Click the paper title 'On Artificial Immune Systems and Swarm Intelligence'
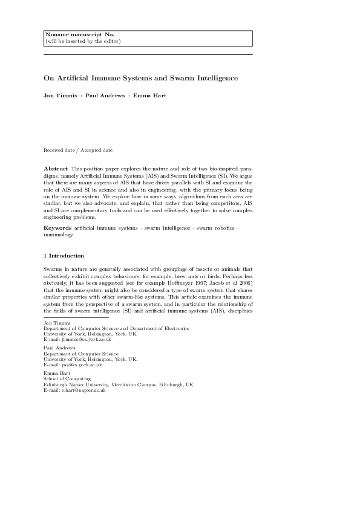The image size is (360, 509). pyautogui.click(x=140, y=78)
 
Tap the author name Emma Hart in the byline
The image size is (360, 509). pyautogui.click(x=150, y=96)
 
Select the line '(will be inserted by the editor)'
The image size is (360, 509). pyautogui.click(x=83, y=41)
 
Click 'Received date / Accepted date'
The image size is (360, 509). pyautogui.click(x=78, y=150)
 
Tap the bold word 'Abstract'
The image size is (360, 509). pyautogui.click(x=56, y=167)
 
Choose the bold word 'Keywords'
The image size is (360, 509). pyautogui.click(x=57, y=227)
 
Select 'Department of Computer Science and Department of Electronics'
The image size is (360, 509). pyautogui.click(x=116, y=328)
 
